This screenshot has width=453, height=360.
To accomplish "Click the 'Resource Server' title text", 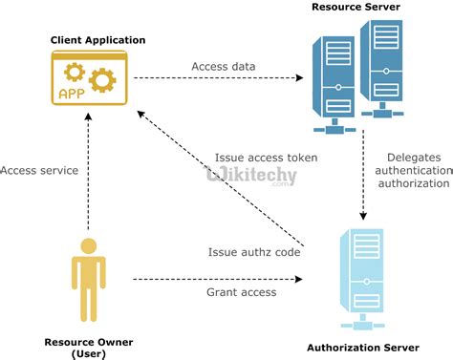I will pos(356,8).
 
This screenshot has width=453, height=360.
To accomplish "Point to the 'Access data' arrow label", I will pos(223,67).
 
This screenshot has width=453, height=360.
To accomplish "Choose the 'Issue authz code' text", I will pos(254,252).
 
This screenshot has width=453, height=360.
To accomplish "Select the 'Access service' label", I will pos(39,170).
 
